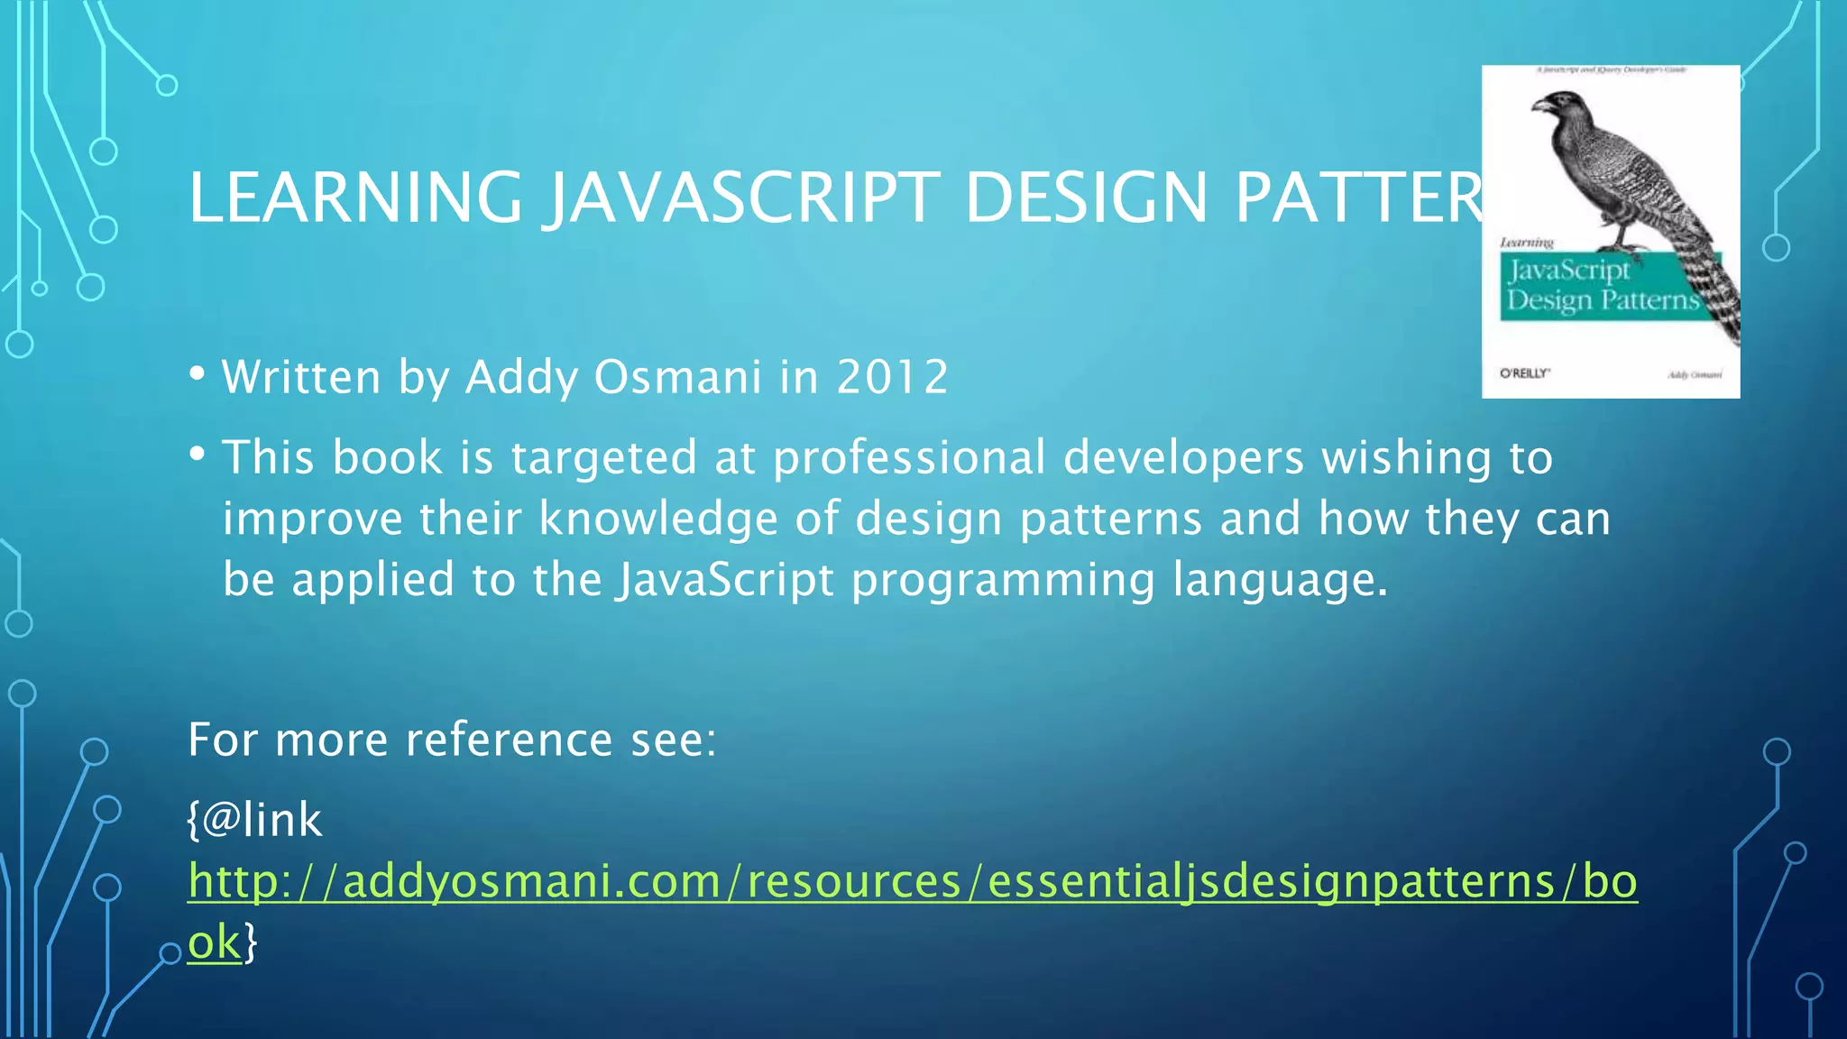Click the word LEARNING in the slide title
pyautogui.click(x=354, y=198)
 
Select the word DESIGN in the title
pyautogui.click(x=1086, y=198)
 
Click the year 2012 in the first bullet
pyautogui.click(x=892, y=376)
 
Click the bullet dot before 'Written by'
pyautogui.click(x=198, y=373)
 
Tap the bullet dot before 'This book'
pyautogui.click(x=198, y=454)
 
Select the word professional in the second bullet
pyautogui.click(x=909, y=457)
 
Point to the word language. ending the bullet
pyautogui.click(x=1280, y=579)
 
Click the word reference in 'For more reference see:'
pyautogui.click(x=510, y=740)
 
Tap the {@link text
pyautogui.click(x=254, y=820)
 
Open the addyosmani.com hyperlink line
pyautogui.click(x=911, y=881)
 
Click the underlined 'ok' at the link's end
pyautogui.click(x=215, y=942)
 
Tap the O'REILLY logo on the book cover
pyautogui.click(x=1524, y=373)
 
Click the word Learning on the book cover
pyautogui.click(x=1527, y=243)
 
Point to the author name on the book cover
pyautogui.click(x=1695, y=374)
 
